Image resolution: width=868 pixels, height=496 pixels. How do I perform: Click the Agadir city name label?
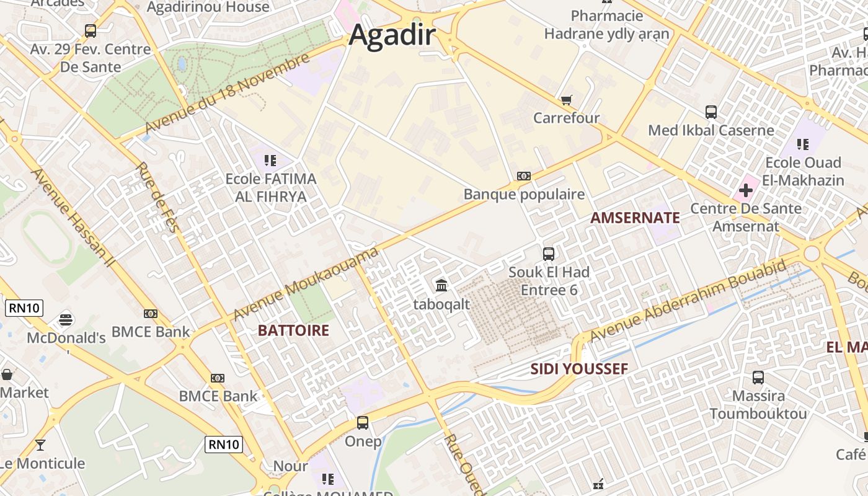pos(392,35)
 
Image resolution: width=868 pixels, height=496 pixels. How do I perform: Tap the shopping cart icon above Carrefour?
pos(566,100)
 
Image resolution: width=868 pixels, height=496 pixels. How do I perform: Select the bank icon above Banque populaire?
pos(524,176)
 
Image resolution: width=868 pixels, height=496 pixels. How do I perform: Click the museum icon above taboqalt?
pos(441,285)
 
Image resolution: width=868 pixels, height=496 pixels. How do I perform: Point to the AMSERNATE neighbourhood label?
pos(635,218)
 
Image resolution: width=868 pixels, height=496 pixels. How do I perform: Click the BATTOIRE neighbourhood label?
pos(293,330)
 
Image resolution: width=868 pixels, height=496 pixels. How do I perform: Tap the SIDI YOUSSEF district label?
pos(579,369)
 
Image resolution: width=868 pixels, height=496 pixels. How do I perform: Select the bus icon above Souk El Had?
pos(549,254)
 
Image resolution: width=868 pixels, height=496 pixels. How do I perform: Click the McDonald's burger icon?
pos(66,320)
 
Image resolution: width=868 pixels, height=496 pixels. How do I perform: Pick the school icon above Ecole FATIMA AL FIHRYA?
pos(270,161)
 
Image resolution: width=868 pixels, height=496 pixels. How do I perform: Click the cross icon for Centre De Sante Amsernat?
pos(746,190)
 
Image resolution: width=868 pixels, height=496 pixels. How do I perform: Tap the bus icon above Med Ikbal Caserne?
pos(711,112)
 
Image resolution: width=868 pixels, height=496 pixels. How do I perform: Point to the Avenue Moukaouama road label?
pos(306,285)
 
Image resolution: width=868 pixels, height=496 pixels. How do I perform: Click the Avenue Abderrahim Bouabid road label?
pos(688,301)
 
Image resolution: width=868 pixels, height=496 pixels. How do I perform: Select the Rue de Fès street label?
pos(157,197)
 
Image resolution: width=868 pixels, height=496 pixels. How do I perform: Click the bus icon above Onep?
pos(363,423)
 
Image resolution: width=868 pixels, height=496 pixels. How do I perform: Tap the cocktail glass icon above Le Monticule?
pos(40,445)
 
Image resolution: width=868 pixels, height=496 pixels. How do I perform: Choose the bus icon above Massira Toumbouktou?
pos(758,377)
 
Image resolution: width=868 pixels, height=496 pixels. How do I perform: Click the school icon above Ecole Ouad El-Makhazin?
pos(803,144)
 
